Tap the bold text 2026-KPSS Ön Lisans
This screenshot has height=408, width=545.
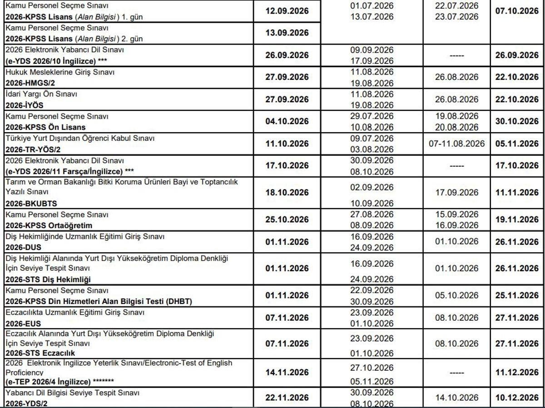pos(45,128)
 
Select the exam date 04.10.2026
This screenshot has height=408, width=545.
pos(287,122)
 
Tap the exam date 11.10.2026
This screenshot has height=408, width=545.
pos(287,144)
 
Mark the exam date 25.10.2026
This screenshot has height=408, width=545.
pos(287,220)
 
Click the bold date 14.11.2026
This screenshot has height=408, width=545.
pos(287,373)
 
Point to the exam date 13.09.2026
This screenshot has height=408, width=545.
pos(287,33)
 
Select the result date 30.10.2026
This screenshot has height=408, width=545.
pos(517,122)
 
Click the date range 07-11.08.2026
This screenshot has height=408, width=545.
pos(456,144)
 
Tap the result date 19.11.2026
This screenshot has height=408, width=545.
pos(517,220)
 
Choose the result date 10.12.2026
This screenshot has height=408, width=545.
pos(517,398)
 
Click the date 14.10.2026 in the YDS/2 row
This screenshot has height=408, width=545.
pos(456,398)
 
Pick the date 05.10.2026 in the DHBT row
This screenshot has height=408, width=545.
pos(456,296)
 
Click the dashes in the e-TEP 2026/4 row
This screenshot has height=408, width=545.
pos(456,373)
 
